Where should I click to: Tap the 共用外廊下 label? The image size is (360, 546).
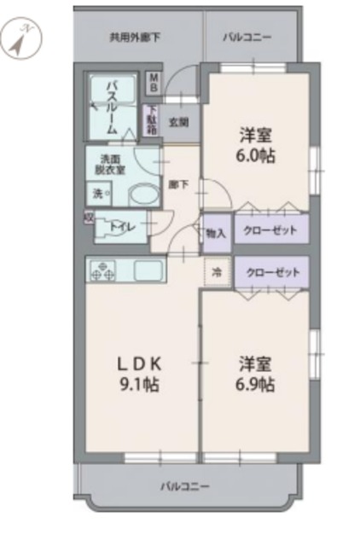coord(135,38)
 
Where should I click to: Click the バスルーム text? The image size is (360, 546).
coord(112,107)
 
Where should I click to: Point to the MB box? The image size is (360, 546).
coord(154,84)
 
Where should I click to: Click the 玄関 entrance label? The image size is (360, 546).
coord(177,121)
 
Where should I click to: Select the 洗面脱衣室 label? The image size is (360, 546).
coord(112,164)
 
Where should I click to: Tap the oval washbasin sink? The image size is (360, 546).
coord(136,195)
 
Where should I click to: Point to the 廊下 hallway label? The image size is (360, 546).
coord(178,183)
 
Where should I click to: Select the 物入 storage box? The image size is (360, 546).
coord(216,232)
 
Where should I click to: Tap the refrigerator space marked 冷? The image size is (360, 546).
coord(216,273)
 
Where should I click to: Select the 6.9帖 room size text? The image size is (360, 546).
coord(255,385)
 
